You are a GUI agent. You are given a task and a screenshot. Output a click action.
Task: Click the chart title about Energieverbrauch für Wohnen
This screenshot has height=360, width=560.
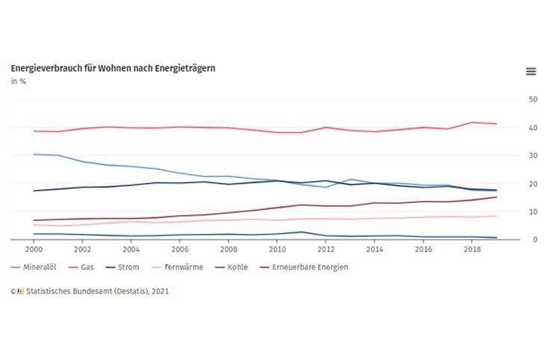click(x=113, y=69)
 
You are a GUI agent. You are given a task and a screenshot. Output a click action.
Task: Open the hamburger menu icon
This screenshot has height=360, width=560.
click(x=531, y=71)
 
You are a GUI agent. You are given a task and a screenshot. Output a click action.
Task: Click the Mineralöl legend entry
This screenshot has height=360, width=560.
click(x=37, y=267)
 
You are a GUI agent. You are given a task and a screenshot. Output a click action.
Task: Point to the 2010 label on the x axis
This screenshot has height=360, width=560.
click(x=278, y=249)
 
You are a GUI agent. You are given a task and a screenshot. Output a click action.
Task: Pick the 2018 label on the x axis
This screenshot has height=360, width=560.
click(x=471, y=249)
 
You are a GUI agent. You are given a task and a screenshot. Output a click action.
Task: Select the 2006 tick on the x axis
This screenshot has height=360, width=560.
click(x=180, y=249)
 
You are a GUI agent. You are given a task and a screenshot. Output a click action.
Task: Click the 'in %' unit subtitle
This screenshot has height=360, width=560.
click(x=17, y=82)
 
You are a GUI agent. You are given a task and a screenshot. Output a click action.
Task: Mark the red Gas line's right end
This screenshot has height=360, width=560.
click(x=497, y=124)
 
